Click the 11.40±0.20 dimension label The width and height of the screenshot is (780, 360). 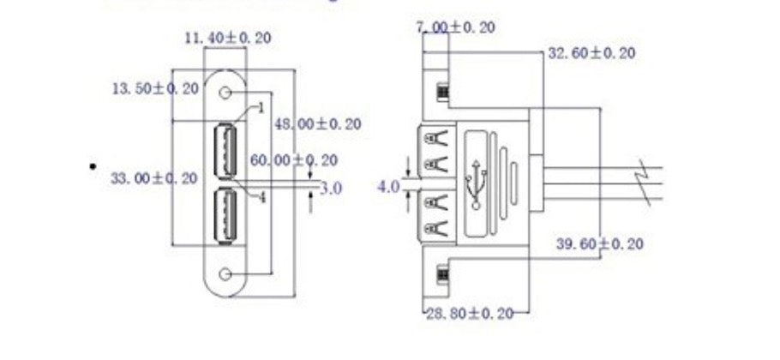[x=227, y=38]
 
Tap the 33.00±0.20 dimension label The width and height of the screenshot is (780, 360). [x=154, y=177]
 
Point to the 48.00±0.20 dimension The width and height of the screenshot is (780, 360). [x=317, y=123]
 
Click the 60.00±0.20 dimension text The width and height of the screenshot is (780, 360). [x=293, y=160]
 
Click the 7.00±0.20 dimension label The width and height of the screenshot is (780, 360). [x=455, y=27]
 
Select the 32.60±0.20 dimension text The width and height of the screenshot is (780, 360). [x=591, y=53]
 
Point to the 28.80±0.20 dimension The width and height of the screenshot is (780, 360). [x=470, y=313]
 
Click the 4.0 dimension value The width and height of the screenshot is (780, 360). [x=388, y=185]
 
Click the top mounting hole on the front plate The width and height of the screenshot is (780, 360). [x=226, y=92]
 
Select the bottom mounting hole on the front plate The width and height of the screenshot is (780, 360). [x=226, y=273]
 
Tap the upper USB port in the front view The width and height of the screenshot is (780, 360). [x=225, y=149]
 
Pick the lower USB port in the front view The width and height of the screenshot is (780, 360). [x=225, y=214]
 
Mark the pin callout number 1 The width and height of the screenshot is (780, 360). [x=261, y=109]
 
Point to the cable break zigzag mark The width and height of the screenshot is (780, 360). [x=649, y=180]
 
